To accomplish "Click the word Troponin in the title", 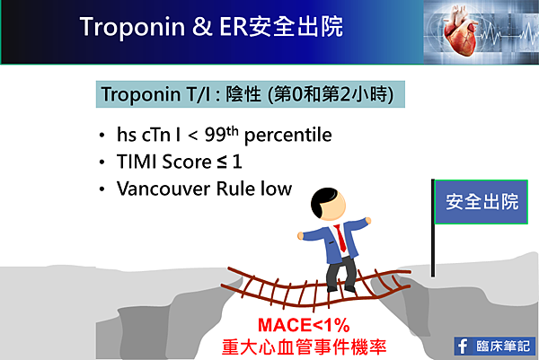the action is click(132, 27).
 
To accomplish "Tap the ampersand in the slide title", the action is click(202, 26).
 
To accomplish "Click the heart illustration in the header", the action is click(459, 31).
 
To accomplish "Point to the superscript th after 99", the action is click(233, 131).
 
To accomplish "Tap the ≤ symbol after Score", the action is click(222, 162).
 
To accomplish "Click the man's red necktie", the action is click(340, 238).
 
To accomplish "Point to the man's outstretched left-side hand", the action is click(300, 235).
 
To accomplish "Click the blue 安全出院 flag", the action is click(482, 202).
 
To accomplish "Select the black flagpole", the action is click(433, 228).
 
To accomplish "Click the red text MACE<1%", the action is click(304, 325).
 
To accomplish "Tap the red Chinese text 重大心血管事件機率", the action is click(304, 347).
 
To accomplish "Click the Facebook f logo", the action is click(463, 346).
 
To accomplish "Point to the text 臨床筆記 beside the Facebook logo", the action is click(503, 347).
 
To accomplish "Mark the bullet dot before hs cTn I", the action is click(102, 135).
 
